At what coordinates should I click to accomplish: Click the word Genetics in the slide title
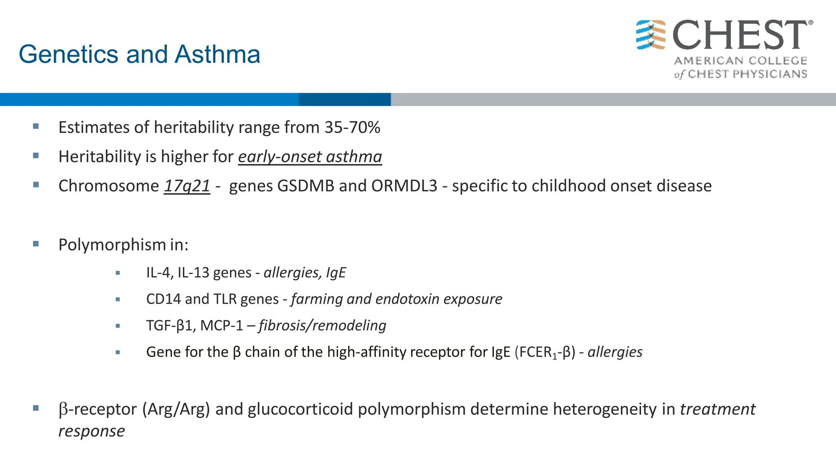tap(69, 55)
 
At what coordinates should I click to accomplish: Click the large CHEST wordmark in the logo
tap(740, 35)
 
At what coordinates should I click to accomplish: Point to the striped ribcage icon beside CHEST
tap(651, 35)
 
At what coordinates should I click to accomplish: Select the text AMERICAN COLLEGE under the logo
tap(740, 61)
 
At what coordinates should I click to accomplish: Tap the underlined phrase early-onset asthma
tap(310, 157)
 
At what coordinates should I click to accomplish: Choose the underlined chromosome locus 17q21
tap(187, 186)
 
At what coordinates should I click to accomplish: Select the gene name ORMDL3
tap(404, 186)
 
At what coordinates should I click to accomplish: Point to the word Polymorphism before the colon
tap(112, 245)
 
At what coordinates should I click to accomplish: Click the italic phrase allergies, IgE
tap(305, 273)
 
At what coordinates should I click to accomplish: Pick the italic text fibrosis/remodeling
tap(322, 326)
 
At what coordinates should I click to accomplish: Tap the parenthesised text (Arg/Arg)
tap(176, 409)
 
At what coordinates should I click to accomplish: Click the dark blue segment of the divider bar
tap(345, 100)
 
